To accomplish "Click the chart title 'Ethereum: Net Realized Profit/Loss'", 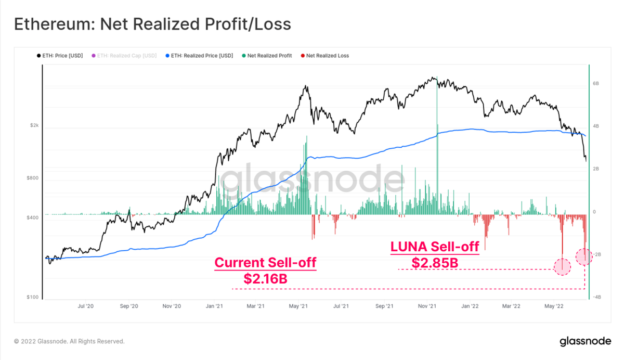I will pos(152,24).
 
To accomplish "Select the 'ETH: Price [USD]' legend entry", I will pos(60,56).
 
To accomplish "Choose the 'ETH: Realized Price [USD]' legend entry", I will pos(199,56).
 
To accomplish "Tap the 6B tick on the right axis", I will pos(596,83).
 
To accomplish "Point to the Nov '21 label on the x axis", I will pos(426,307).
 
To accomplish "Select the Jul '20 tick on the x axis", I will pos(85,307).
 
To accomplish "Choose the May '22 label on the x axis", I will pos(554,307).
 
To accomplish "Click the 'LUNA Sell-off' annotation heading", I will pos(435,247).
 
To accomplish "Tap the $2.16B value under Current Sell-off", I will pos(265,279).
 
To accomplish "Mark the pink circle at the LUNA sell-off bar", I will pos(562,267).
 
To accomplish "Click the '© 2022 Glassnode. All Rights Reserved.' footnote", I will pos(69,342).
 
